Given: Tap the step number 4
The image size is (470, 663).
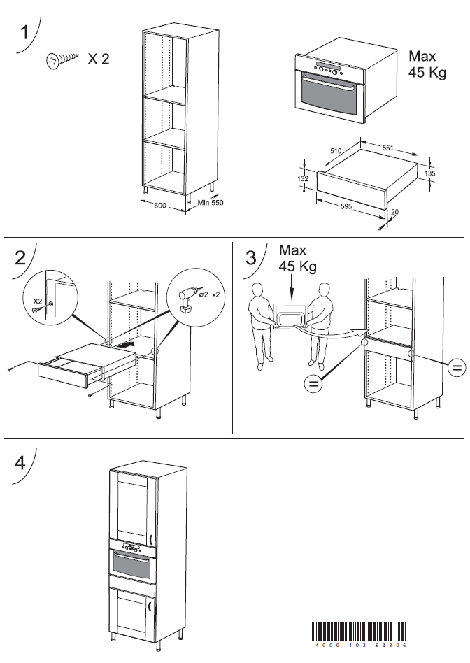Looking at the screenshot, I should pyautogui.click(x=22, y=463).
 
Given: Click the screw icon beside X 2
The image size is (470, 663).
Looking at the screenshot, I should pyautogui.click(x=60, y=61).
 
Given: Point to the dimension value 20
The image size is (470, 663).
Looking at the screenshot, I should pyautogui.click(x=395, y=212).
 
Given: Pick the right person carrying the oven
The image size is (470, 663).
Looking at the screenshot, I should pyautogui.click(x=322, y=323).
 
